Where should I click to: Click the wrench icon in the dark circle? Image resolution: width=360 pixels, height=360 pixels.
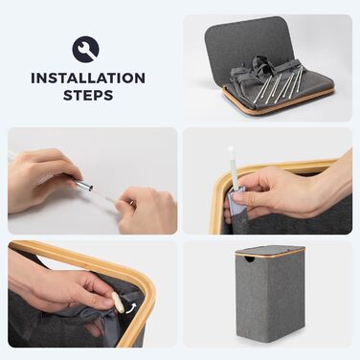pyautogui.click(x=86, y=50)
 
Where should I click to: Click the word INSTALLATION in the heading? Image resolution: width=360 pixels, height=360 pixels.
pyautogui.click(x=88, y=79)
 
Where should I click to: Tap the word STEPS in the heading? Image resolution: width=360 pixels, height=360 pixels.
pyautogui.click(x=88, y=95)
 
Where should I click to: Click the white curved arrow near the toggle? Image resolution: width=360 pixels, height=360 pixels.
pyautogui.click(x=131, y=308)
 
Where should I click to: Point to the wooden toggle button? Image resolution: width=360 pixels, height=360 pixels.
pyautogui.click(x=118, y=302)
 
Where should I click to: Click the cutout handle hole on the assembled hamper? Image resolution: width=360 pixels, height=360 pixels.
pyautogui.click(x=251, y=259)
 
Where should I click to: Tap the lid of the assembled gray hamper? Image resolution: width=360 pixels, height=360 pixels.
pyautogui.click(x=270, y=250)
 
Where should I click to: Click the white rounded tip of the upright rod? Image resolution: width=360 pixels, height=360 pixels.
pyautogui.click(x=231, y=149)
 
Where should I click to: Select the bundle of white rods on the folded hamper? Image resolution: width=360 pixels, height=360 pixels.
pyautogui.click(x=277, y=84)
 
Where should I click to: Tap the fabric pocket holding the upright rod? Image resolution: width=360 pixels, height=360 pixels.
pyautogui.click(x=236, y=204)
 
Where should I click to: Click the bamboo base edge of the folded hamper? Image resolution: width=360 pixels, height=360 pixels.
pyautogui.click(x=278, y=101)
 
